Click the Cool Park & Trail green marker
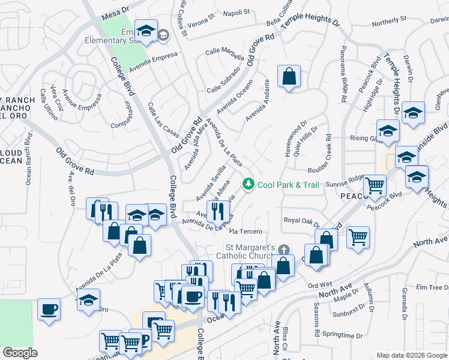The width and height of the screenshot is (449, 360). coord(247,184)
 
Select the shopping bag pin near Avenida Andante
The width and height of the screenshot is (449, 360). coord(289,76)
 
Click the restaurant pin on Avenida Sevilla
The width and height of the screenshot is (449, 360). coord(217,211)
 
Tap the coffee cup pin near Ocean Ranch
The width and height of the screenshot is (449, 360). coord(49,310)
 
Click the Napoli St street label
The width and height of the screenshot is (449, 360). coord(236,13)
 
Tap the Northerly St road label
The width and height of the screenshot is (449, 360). coord(388,22)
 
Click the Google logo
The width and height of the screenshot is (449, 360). coord(20,353)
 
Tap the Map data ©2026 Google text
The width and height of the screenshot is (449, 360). coord(412,355)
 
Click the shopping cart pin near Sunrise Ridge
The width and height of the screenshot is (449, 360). coord(375,185)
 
